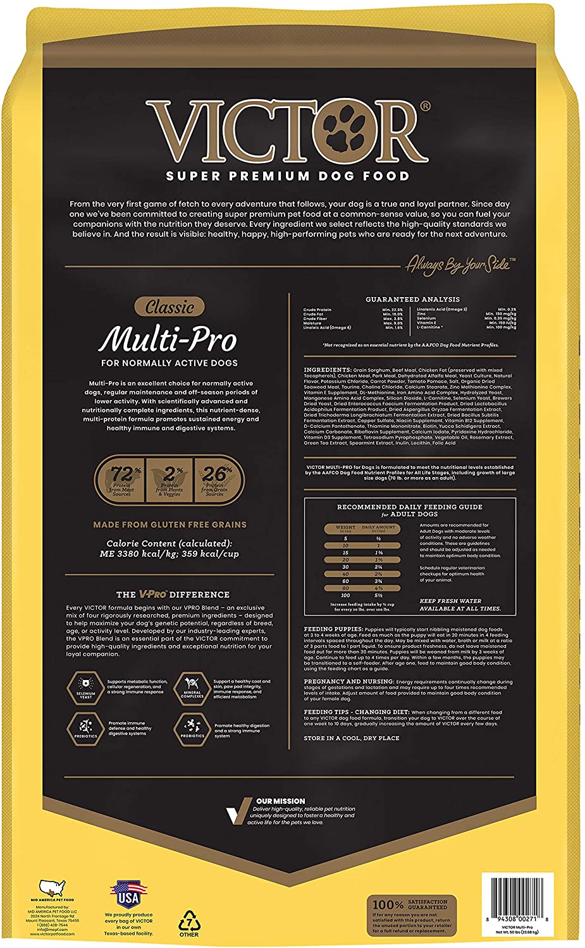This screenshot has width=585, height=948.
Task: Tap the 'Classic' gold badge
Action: pos(169,307)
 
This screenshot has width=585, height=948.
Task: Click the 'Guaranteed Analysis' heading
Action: pos(412,299)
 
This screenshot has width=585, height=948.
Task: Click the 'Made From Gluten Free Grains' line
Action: pos(169,525)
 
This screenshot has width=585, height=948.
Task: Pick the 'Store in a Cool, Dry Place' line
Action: pos(352,738)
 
